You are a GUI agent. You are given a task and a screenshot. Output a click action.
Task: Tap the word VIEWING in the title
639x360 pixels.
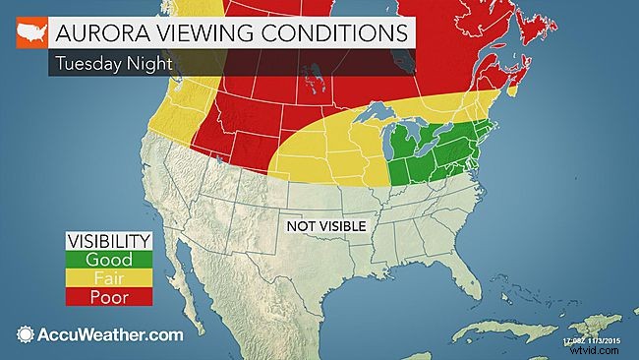pos(198,32)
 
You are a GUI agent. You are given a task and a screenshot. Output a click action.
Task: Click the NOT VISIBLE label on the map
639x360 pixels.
pos(325,226)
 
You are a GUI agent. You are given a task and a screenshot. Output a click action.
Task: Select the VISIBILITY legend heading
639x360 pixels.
pos(108,241)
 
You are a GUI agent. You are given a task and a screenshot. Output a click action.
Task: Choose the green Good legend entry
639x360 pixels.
pos(108,260)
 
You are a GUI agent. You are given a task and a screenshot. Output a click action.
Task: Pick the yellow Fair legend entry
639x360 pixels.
pos(108,277)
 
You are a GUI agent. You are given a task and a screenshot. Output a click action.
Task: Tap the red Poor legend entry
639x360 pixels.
pos(108,295)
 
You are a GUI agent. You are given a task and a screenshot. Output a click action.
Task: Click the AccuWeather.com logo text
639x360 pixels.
pos(108,334)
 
